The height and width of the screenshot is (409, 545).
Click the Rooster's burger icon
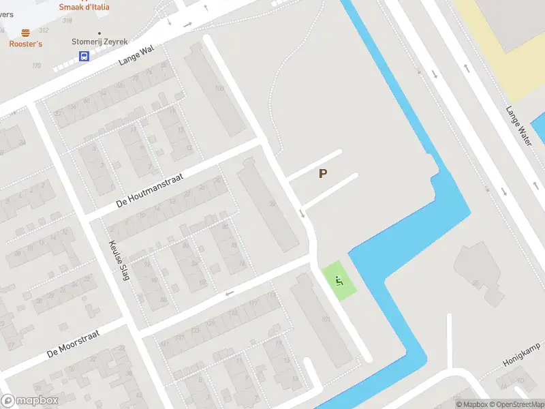(x=26, y=33)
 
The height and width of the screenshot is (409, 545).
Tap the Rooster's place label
(x=26, y=44)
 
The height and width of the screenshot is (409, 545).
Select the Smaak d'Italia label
(x=84, y=7)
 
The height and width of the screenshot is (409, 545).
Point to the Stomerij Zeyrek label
(x=99, y=42)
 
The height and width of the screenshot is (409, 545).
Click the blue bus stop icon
(x=84, y=57)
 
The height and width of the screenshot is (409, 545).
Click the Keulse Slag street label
(x=119, y=261)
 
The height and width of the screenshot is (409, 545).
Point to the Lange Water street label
(x=518, y=126)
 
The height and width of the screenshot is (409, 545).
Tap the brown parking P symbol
(x=323, y=174)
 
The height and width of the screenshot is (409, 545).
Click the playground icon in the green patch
(x=339, y=279)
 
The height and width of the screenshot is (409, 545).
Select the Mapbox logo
(x=30, y=401)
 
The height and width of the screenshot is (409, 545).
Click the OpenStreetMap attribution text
(x=514, y=404)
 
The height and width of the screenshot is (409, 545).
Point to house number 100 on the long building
(x=219, y=89)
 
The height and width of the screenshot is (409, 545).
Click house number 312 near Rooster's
(x=44, y=31)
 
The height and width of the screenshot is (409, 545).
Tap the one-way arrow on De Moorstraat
(x=230, y=294)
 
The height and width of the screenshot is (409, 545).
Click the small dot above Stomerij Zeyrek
(x=99, y=33)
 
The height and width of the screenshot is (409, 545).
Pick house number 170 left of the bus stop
(x=37, y=65)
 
